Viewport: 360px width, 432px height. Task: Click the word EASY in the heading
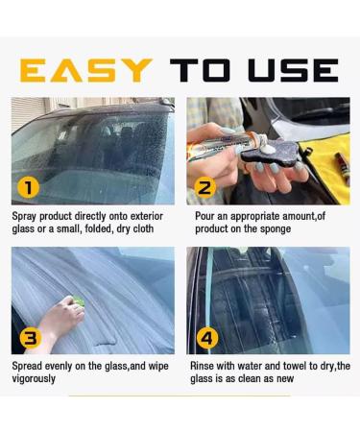point(85,69)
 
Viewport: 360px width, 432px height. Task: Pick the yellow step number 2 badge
point(204,187)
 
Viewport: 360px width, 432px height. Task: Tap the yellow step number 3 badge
point(30,337)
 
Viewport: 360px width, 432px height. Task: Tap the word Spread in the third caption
point(29,366)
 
